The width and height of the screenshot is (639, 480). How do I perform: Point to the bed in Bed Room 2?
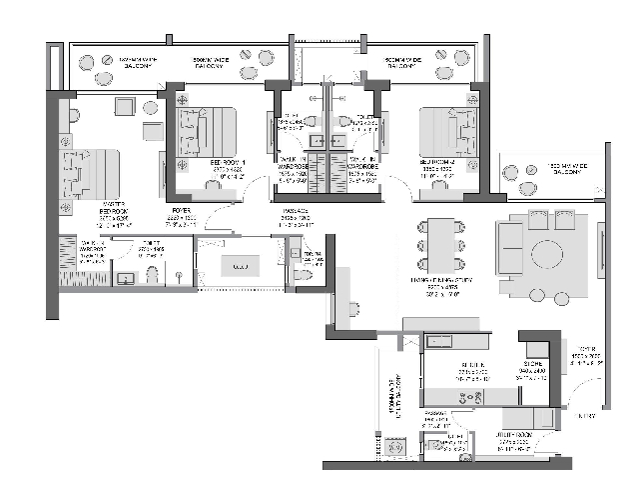pyautogui.click(x=446, y=133)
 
